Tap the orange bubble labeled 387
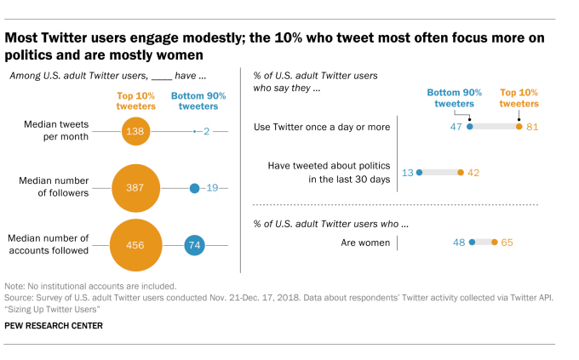click(x=135, y=187)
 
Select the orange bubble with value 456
click(x=135, y=245)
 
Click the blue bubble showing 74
click(x=194, y=245)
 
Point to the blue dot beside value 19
click(x=194, y=187)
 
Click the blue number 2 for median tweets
click(x=207, y=131)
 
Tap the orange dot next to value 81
click(x=519, y=126)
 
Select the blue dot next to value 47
click(x=469, y=126)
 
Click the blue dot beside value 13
click(x=420, y=172)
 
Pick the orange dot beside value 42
click(x=461, y=172)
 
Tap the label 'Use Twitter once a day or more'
click(x=322, y=127)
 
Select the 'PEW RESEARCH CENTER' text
click(x=54, y=325)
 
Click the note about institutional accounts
click(x=90, y=286)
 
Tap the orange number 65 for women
click(x=507, y=243)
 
